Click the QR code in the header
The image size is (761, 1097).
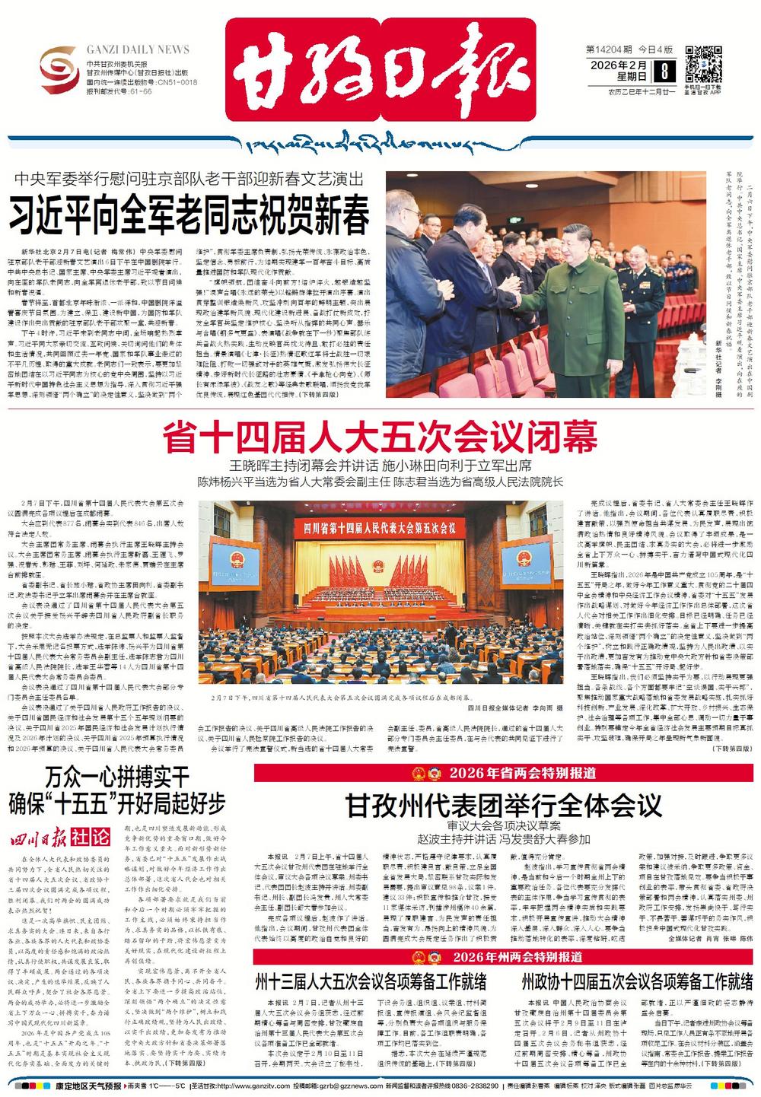703,63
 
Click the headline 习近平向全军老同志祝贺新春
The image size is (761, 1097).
189,215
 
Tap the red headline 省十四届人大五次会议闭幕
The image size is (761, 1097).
379,438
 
